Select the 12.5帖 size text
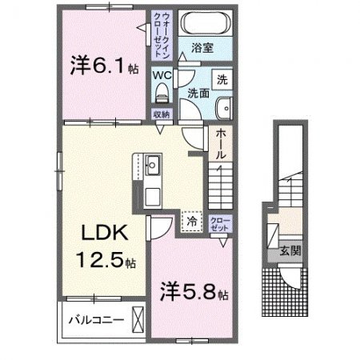click(107, 260)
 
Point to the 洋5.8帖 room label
click(194, 290)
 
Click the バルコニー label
click(95, 319)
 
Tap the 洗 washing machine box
click(222, 81)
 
